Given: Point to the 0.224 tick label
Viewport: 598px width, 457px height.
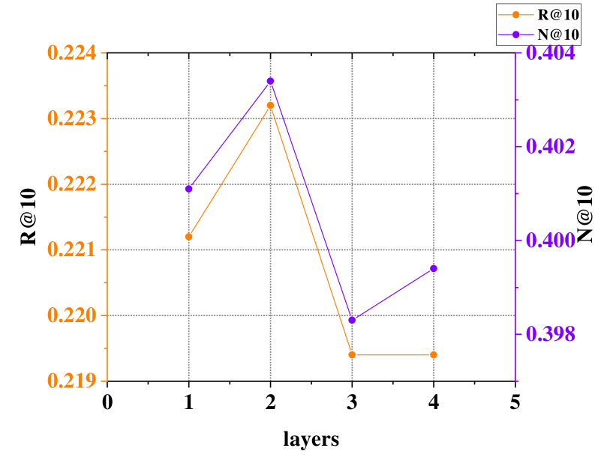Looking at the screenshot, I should [71, 52].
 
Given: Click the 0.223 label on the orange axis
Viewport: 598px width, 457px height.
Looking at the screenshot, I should [71, 118].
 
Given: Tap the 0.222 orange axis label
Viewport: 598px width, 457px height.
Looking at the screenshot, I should [71, 184].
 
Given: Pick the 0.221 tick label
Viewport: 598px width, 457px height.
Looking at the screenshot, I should [71, 249].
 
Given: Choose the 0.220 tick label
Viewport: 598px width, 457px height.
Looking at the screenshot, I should [71, 315].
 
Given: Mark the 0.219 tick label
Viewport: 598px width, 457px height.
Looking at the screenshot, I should [71, 381].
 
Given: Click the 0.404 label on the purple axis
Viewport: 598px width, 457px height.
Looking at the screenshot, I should [551, 53].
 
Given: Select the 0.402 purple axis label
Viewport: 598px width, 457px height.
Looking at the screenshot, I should [551, 146].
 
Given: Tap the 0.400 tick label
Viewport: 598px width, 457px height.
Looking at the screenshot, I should [551, 240].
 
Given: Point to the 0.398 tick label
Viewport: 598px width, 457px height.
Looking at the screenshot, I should [551, 334].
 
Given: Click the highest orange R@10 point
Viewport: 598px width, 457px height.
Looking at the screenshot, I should [270, 106].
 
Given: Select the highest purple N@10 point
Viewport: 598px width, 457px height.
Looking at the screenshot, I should [270, 81].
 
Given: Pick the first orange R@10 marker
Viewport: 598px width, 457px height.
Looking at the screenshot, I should [189, 237].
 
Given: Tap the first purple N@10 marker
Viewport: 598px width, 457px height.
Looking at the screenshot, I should [189, 189].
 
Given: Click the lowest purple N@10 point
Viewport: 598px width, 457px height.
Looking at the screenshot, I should [352, 320].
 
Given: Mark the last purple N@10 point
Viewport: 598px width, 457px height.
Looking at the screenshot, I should [434, 268].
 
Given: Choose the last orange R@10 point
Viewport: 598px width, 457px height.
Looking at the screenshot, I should [434, 354].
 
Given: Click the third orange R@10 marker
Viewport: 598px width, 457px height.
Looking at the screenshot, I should [352, 354].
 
